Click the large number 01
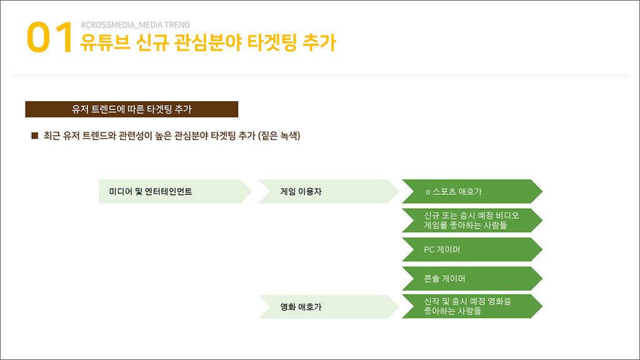click(x=50, y=38)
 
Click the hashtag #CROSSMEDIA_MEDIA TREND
click(x=135, y=25)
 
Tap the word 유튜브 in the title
click(x=105, y=42)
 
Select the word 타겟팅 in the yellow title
click(x=272, y=42)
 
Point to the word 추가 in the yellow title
click(x=319, y=42)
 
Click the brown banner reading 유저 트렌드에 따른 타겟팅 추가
click(x=131, y=109)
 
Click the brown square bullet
click(x=35, y=136)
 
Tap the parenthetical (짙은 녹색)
click(x=279, y=136)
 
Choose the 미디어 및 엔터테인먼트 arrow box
click(x=175, y=191)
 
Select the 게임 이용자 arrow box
click(x=329, y=191)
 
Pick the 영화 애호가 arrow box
click(x=329, y=307)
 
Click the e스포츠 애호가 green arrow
click(x=472, y=191)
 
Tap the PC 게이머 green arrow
click(x=472, y=249)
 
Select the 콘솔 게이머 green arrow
click(x=472, y=278)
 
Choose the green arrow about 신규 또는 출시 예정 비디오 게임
click(x=472, y=221)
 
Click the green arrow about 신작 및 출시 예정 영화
click(x=472, y=306)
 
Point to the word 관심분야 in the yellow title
click(x=208, y=42)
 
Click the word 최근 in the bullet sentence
click(x=52, y=136)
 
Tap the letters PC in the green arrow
click(x=429, y=249)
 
